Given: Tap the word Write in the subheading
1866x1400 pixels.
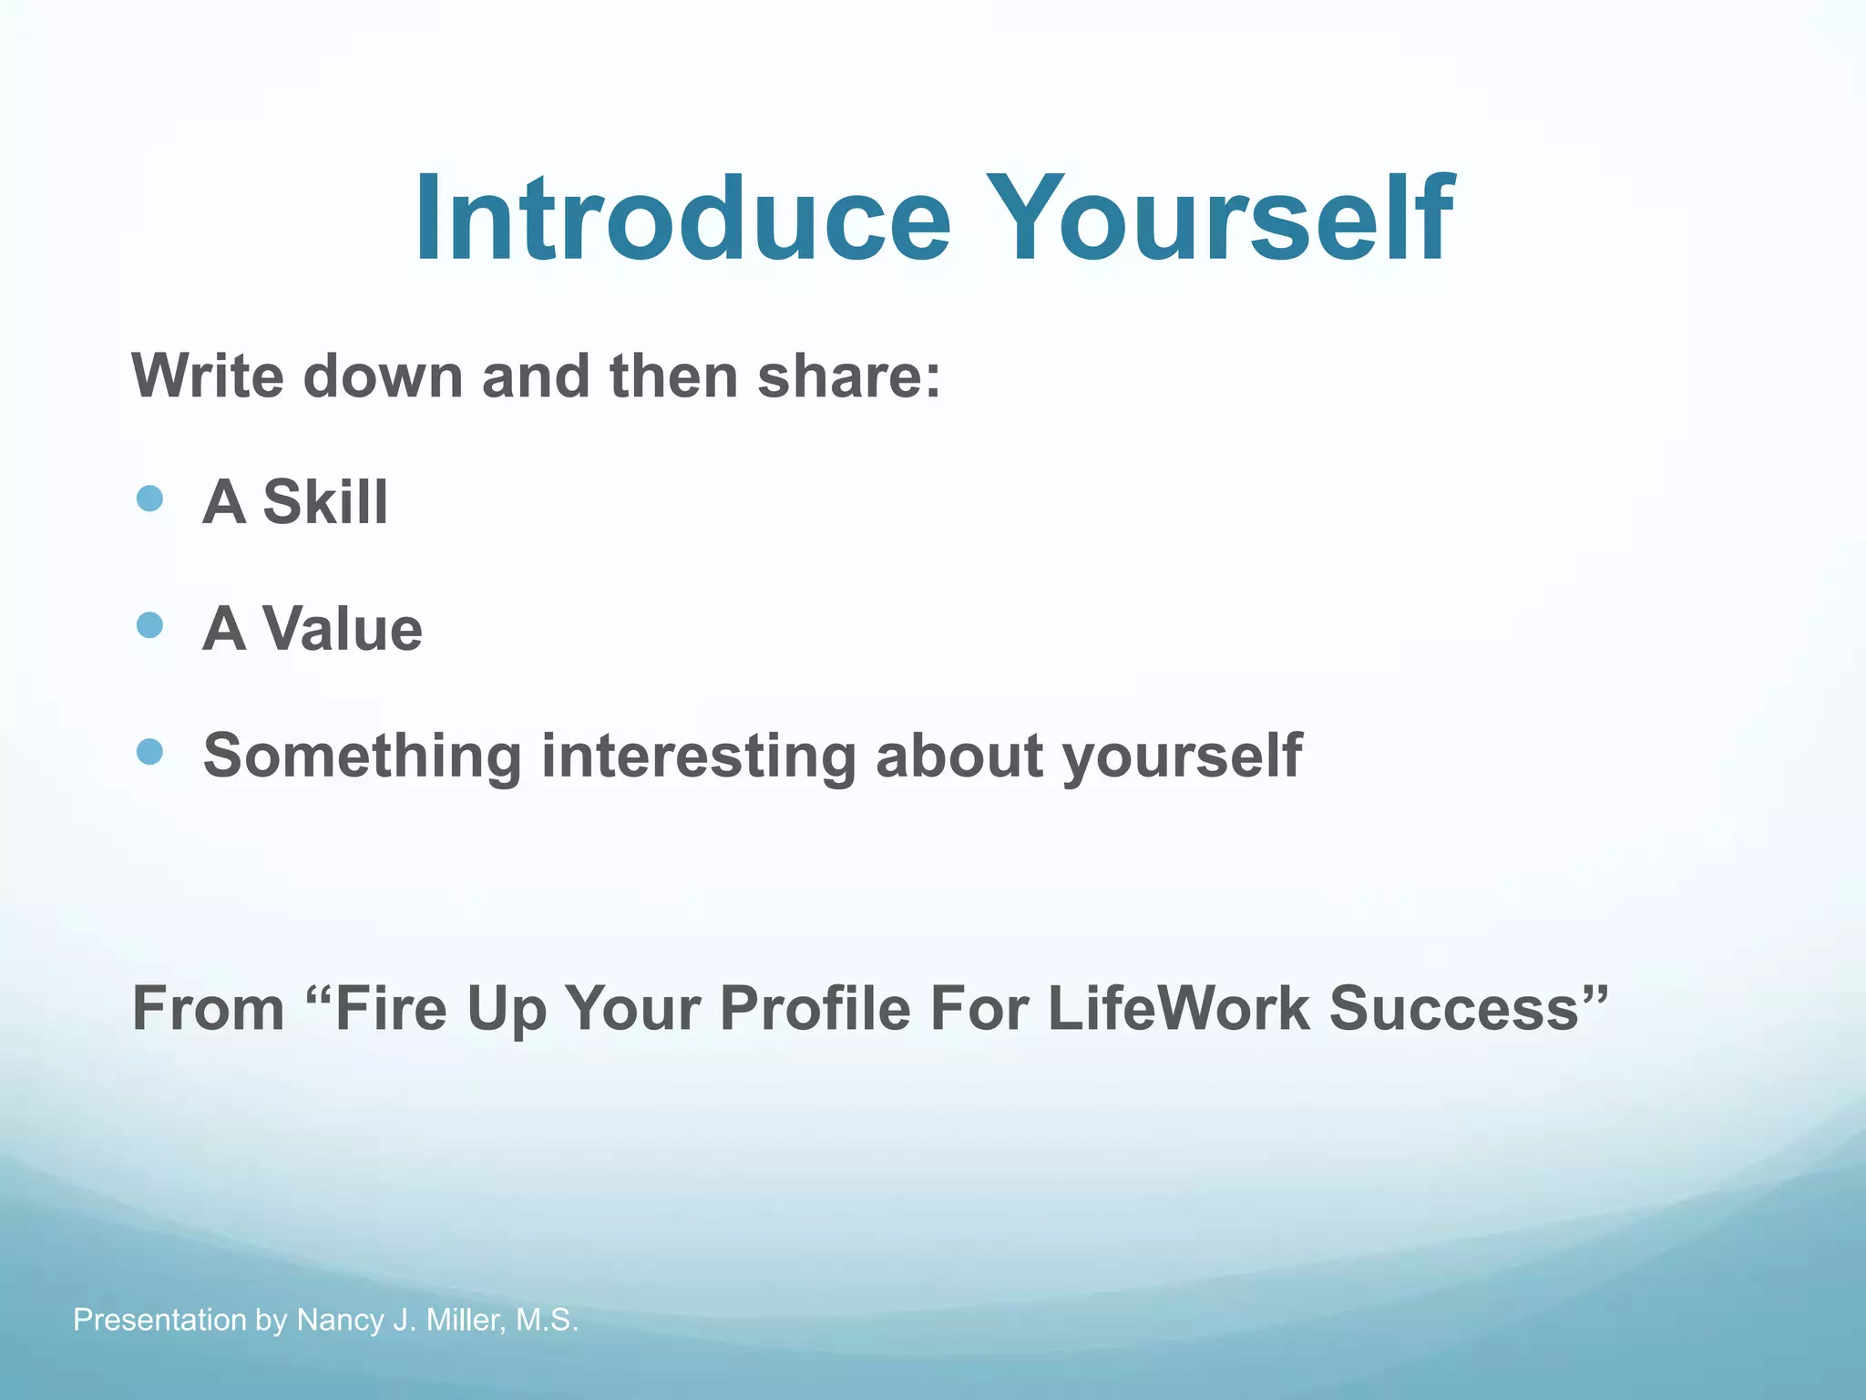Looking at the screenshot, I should coord(207,376).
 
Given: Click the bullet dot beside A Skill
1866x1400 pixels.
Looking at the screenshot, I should coord(149,499).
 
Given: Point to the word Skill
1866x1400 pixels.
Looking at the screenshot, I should coord(325,502).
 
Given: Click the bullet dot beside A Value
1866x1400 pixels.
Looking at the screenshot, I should coord(149,625).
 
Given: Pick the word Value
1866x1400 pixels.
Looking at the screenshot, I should coord(343,629).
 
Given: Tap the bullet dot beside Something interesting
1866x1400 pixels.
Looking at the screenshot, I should coord(149,752).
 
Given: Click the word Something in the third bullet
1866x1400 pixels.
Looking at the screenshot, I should coord(363,756).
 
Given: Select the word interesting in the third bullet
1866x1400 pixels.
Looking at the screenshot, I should coord(699,756).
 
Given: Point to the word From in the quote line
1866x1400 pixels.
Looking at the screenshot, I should coord(209,1008).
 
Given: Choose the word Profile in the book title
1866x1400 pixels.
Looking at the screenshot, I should coord(815,1008).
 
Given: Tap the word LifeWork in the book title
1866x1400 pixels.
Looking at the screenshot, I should coord(1178,1008).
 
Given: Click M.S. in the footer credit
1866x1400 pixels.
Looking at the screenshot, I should coord(547,1320).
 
